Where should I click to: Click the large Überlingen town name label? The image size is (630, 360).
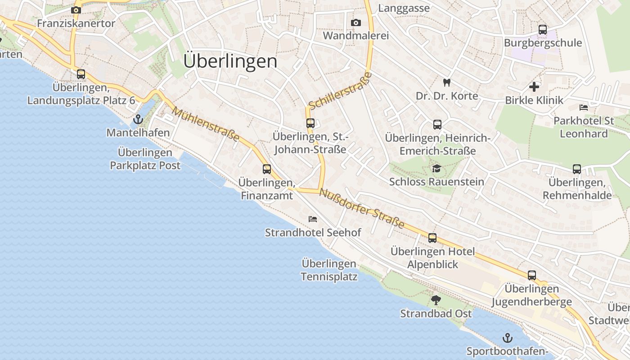click(x=230, y=62)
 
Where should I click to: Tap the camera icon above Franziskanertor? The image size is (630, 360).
click(x=76, y=10)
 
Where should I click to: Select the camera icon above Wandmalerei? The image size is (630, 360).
click(x=355, y=22)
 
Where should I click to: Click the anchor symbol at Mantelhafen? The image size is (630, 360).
click(x=138, y=119)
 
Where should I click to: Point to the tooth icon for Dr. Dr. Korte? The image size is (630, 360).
click(x=446, y=82)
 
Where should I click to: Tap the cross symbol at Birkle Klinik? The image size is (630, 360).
click(x=534, y=87)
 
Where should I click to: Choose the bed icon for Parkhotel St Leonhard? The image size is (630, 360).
click(x=584, y=108)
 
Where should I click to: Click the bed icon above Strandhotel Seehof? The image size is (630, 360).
click(x=313, y=219)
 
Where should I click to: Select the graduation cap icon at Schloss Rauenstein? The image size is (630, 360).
click(x=436, y=168)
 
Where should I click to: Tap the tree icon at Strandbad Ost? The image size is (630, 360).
click(x=436, y=300)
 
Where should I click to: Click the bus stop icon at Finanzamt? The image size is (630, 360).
click(x=267, y=169)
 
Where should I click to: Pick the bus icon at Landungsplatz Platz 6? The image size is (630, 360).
click(x=81, y=74)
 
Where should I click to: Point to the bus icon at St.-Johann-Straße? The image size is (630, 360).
click(x=310, y=123)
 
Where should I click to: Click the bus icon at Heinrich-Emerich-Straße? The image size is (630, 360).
click(x=437, y=125)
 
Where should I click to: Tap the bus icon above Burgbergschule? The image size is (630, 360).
click(x=543, y=30)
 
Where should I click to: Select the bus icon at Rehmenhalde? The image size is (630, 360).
click(x=577, y=169)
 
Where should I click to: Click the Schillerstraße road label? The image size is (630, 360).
click(x=341, y=90)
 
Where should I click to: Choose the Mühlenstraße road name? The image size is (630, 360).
click(x=205, y=124)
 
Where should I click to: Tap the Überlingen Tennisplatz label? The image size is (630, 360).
click(x=329, y=270)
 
